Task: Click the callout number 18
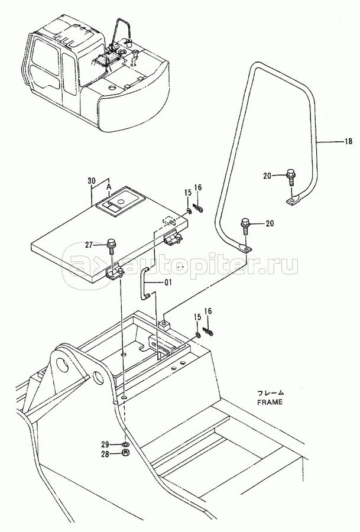[x=348, y=141]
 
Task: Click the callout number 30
[x=91, y=181]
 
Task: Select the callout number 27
[x=89, y=244]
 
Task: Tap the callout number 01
[x=168, y=282]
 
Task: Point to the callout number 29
[x=105, y=445]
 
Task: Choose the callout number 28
[x=105, y=454]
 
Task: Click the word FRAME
[x=270, y=403]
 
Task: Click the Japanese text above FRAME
[x=270, y=393]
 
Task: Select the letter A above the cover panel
[x=109, y=187]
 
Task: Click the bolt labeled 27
[x=111, y=246]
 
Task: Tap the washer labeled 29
[x=125, y=445]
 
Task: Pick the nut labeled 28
[x=125, y=452]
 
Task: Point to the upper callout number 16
[x=198, y=188]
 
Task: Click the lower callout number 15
[x=197, y=317]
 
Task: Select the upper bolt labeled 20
[x=290, y=176]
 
